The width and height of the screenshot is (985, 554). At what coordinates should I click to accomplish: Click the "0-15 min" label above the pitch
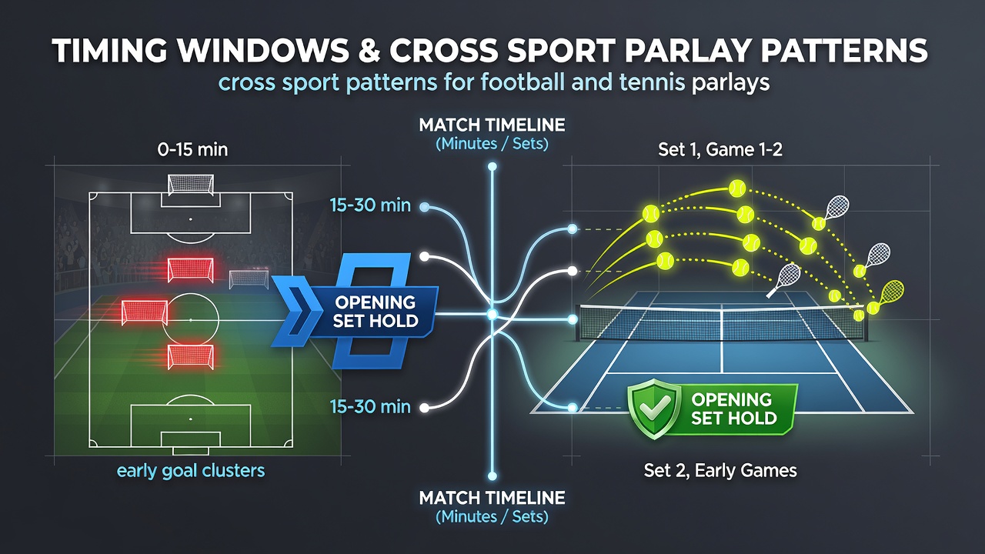192,150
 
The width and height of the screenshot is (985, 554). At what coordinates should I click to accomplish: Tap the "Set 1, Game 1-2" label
720,150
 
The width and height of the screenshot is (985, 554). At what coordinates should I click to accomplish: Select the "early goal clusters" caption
191,471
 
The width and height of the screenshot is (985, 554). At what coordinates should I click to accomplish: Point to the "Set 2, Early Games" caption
720,471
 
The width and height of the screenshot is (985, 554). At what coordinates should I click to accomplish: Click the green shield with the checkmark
654,409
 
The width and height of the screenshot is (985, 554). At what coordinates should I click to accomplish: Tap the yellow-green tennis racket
891,293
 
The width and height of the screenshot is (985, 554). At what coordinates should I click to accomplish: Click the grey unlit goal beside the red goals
249,279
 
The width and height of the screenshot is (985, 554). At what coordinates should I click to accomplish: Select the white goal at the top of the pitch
191,184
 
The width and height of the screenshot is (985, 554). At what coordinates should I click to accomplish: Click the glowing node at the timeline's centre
492,315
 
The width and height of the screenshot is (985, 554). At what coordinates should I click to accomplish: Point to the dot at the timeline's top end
492,167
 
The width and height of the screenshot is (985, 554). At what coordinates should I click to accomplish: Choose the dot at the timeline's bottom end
492,476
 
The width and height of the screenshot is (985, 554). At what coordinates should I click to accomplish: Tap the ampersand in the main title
369,51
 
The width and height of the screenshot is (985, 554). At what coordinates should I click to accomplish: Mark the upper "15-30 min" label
370,205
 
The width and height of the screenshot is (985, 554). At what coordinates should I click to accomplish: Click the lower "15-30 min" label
370,407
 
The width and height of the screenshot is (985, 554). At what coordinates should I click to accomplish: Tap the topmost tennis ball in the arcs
737,189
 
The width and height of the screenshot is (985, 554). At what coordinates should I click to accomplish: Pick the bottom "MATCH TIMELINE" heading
492,498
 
